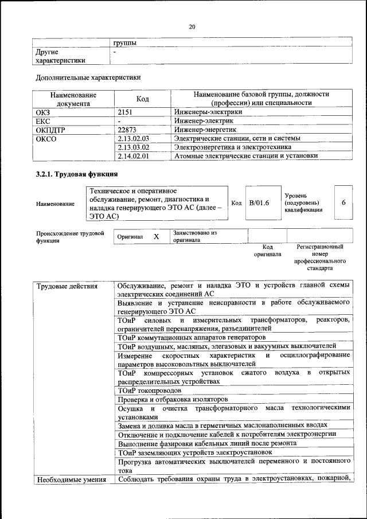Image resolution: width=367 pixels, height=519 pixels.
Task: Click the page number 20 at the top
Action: click(192, 26)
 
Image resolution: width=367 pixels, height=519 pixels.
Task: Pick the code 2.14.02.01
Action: click(133, 155)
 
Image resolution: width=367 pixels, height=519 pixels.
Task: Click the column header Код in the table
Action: click(143, 99)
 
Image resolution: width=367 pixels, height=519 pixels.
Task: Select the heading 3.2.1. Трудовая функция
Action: click(77, 174)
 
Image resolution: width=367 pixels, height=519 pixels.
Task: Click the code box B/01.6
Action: click(259, 202)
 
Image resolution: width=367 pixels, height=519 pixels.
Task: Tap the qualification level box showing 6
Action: click(343, 202)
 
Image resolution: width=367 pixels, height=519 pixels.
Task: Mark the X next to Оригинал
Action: click(156, 236)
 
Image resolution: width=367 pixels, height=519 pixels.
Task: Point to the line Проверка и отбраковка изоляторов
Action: click(173, 399)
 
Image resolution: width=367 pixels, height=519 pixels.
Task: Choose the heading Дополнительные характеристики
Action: click(88, 77)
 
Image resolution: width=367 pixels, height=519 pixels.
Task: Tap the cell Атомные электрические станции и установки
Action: click(246, 155)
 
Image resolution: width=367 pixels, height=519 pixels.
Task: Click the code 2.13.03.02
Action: click(133, 147)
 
